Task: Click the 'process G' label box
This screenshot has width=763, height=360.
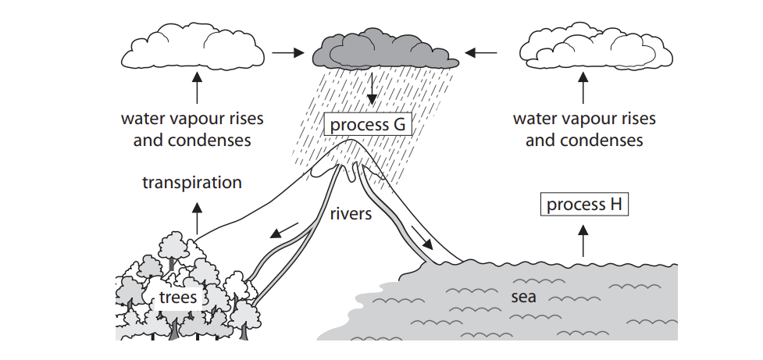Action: [367, 125]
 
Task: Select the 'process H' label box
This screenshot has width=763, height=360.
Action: [584, 205]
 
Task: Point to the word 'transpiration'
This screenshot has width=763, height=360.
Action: [192, 183]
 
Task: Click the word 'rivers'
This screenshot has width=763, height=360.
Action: [351, 212]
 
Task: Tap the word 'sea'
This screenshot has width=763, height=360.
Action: [522, 298]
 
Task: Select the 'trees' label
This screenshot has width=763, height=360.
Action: [178, 297]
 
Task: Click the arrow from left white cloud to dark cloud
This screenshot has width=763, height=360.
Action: [286, 53]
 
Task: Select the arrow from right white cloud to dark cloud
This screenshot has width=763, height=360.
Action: [480, 53]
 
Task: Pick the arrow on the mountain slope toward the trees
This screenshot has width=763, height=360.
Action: [284, 230]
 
